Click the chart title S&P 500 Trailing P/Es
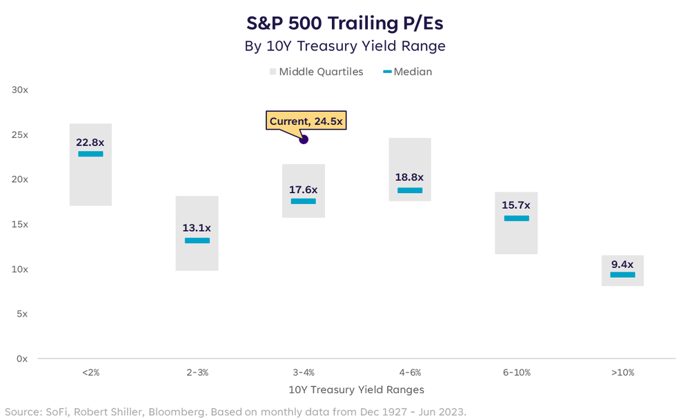tap(344, 23)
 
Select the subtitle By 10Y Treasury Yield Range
tap(344, 46)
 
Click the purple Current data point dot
tap(304, 139)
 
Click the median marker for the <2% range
tap(90, 154)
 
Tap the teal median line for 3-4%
tap(304, 201)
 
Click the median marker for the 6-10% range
tap(516, 219)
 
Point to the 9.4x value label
tap(622, 263)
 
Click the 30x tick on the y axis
tap(19, 90)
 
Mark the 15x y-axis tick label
tap(19, 224)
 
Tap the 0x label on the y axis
tap(22, 359)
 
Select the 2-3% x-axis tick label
tap(197, 372)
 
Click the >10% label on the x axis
tap(622, 372)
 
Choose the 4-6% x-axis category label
tap(410, 372)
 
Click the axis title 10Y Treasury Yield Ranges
tap(356, 390)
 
